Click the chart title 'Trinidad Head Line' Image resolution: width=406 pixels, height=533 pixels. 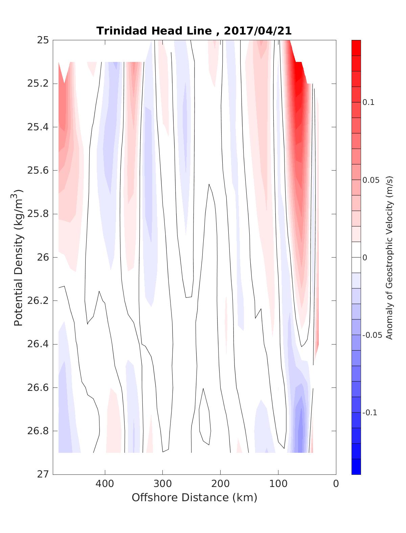click(x=154, y=31)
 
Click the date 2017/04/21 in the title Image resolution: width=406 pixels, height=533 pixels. click(x=257, y=31)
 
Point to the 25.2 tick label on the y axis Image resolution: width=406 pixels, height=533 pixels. click(x=38, y=84)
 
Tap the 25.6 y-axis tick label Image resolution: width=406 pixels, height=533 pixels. click(x=38, y=170)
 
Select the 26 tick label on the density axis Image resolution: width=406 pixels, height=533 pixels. click(x=43, y=257)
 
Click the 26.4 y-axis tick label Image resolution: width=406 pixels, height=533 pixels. click(x=38, y=344)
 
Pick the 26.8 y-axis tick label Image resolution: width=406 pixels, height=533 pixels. click(x=38, y=431)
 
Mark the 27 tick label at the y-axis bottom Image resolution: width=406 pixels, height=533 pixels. click(x=43, y=474)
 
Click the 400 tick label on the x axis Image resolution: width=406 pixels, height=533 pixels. click(x=105, y=484)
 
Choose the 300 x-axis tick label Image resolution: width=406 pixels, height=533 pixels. click(x=162, y=484)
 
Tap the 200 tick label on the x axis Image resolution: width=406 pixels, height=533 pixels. click(x=220, y=484)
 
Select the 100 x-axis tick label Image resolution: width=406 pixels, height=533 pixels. click(x=278, y=484)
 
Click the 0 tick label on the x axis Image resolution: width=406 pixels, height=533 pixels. click(x=336, y=484)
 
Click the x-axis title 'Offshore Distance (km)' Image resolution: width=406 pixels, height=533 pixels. click(x=194, y=497)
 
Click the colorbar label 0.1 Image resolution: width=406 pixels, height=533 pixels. click(x=368, y=103)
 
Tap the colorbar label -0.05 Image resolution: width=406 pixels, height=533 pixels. click(x=372, y=335)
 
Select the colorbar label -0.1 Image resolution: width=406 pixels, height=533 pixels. click(x=370, y=413)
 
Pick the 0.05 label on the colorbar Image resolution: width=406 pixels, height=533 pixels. click(x=371, y=180)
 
